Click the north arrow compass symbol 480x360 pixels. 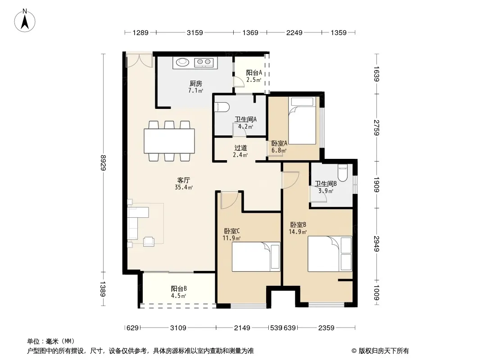click(25, 21)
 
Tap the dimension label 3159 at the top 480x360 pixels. click(195, 32)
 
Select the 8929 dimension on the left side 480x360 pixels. click(103, 163)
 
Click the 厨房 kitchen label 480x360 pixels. click(195, 83)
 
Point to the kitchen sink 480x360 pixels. click(182, 62)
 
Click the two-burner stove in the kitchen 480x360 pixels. click(204, 63)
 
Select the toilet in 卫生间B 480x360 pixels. click(342, 173)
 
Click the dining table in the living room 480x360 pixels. click(169, 141)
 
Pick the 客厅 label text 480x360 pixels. click(184, 180)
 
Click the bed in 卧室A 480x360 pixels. click(302, 121)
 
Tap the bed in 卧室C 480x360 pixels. click(256, 256)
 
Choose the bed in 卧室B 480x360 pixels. click(330, 253)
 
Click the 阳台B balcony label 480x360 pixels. click(179, 288)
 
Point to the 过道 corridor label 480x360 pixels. click(240, 148)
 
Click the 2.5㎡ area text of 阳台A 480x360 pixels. click(254, 80)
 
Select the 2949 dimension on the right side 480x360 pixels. click(376, 244)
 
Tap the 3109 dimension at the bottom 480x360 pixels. click(178, 328)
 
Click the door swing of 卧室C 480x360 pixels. click(229, 200)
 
